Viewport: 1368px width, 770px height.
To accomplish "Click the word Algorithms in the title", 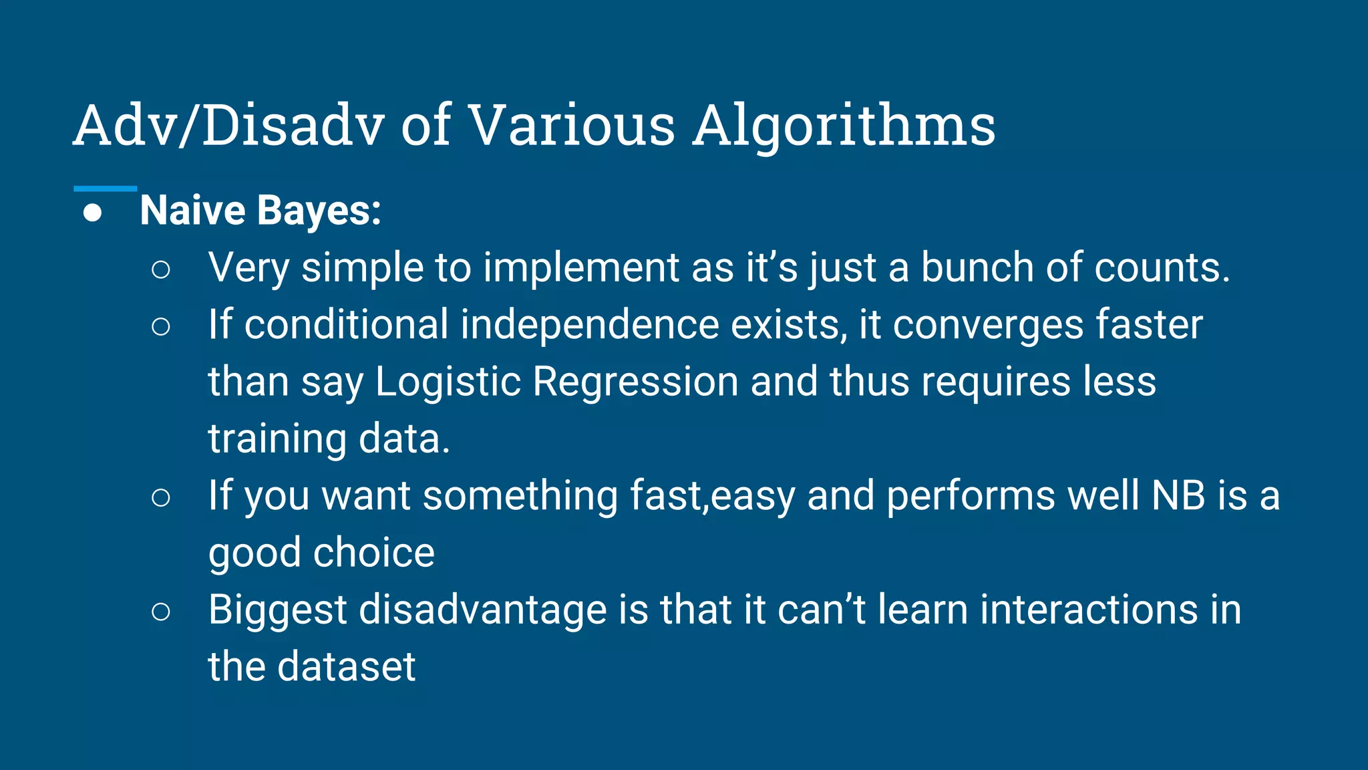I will [x=844, y=126].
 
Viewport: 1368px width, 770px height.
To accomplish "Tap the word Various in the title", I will [x=572, y=126].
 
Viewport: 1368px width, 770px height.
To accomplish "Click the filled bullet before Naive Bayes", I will [x=93, y=213].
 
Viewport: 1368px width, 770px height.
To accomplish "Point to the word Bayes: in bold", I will [x=319, y=211].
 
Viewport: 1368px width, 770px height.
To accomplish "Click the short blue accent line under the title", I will [x=105, y=189].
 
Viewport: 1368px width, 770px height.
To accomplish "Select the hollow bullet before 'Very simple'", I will [x=161, y=269].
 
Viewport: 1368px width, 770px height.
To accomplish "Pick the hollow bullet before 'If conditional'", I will [x=161, y=326].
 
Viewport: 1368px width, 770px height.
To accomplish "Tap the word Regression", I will [x=635, y=383].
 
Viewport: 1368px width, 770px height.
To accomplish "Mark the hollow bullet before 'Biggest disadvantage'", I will [x=161, y=611].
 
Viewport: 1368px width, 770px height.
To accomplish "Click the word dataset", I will [x=346, y=667].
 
